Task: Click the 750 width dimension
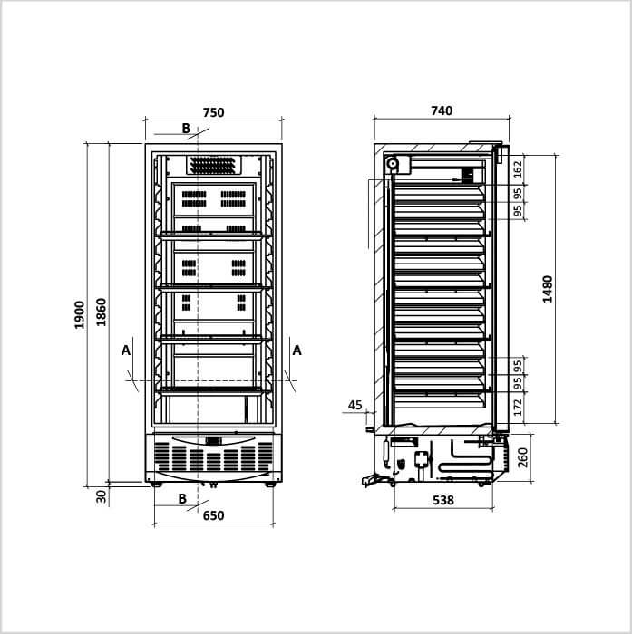(213, 112)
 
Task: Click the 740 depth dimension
(442, 110)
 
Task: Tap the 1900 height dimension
(80, 315)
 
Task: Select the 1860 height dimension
(102, 312)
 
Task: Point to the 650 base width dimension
(213, 515)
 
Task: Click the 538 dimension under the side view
(443, 500)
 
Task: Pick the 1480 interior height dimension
(548, 289)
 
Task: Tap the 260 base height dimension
(523, 457)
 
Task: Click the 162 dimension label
(518, 170)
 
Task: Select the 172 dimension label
(518, 407)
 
